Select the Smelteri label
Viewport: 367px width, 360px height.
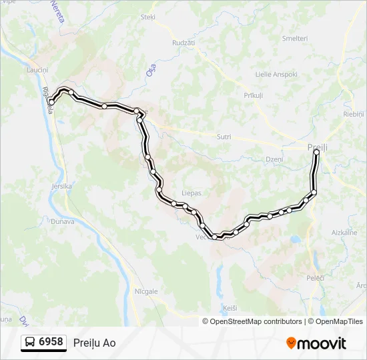(295, 39)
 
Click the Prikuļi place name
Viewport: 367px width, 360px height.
(254, 96)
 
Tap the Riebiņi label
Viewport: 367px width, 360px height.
(354, 115)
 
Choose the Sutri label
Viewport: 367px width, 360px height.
(224, 137)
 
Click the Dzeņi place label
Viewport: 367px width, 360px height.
(274, 159)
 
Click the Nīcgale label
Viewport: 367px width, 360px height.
(146, 291)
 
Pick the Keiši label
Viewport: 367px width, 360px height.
(230, 308)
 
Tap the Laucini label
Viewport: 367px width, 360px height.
(37, 70)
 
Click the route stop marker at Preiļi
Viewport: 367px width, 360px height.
(316, 152)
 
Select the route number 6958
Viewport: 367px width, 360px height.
(51, 342)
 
